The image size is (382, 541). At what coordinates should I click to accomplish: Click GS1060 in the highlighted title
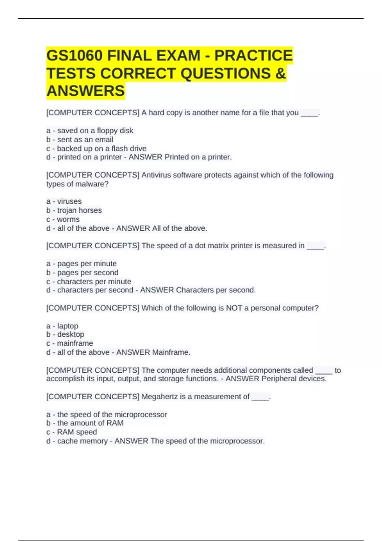pyautogui.click(x=74, y=56)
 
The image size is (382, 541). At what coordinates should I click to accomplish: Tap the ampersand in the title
pyautogui.click(x=280, y=74)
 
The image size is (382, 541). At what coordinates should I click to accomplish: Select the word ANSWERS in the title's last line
pyautogui.click(x=86, y=91)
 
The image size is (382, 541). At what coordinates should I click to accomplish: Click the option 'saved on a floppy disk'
pyautogui.click(x=95, y=131)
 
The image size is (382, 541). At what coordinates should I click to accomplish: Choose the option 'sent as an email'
pyautogui.click(x=85, y=140)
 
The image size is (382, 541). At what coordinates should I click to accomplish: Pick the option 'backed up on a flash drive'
pyautogui.click(x=102, y=149)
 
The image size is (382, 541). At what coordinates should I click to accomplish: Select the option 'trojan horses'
pyautogui.click(x=79, y=210)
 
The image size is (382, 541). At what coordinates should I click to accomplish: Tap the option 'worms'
pyautogui.click(x=68, y=219)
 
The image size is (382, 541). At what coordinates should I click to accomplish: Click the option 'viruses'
pyautogui.click(x=69, y=201)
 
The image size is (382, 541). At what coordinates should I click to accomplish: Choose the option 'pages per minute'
pyautogui.click(x=87, y=264)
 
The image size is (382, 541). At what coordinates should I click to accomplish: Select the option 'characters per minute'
pyautogui.click(x=94, y=282)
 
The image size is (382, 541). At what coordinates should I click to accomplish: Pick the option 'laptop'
pyautogui.click(x=67, y=326)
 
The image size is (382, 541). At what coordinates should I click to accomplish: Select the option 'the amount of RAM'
pyautogui.click(x=90, y=423)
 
